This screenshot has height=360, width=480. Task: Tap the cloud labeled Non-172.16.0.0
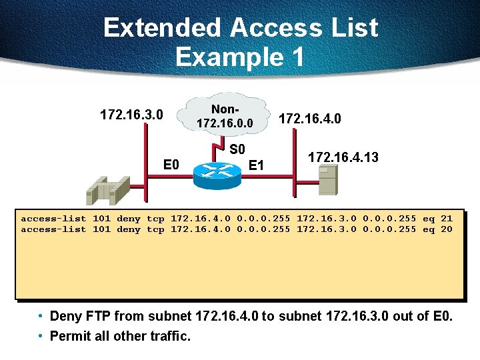click(x=224, y=116)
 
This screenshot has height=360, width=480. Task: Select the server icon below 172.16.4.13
click(x=328, y=180)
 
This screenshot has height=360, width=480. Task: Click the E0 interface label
click(x=172, y=164)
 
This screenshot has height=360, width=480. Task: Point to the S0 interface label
click(x=237, y=149)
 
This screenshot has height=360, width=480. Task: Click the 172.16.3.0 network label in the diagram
click(x=131, y=115)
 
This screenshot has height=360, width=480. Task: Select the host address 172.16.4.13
click(x=343, y=157)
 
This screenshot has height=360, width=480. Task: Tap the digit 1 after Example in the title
click(x=295, y=57)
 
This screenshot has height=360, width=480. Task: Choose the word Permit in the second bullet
click(x=69, y=336)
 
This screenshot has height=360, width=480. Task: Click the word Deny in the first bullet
click(x=65, y=315)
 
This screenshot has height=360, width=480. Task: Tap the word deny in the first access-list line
click(x=129, y=218)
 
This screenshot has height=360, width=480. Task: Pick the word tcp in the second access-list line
click(x=155, y=229)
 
